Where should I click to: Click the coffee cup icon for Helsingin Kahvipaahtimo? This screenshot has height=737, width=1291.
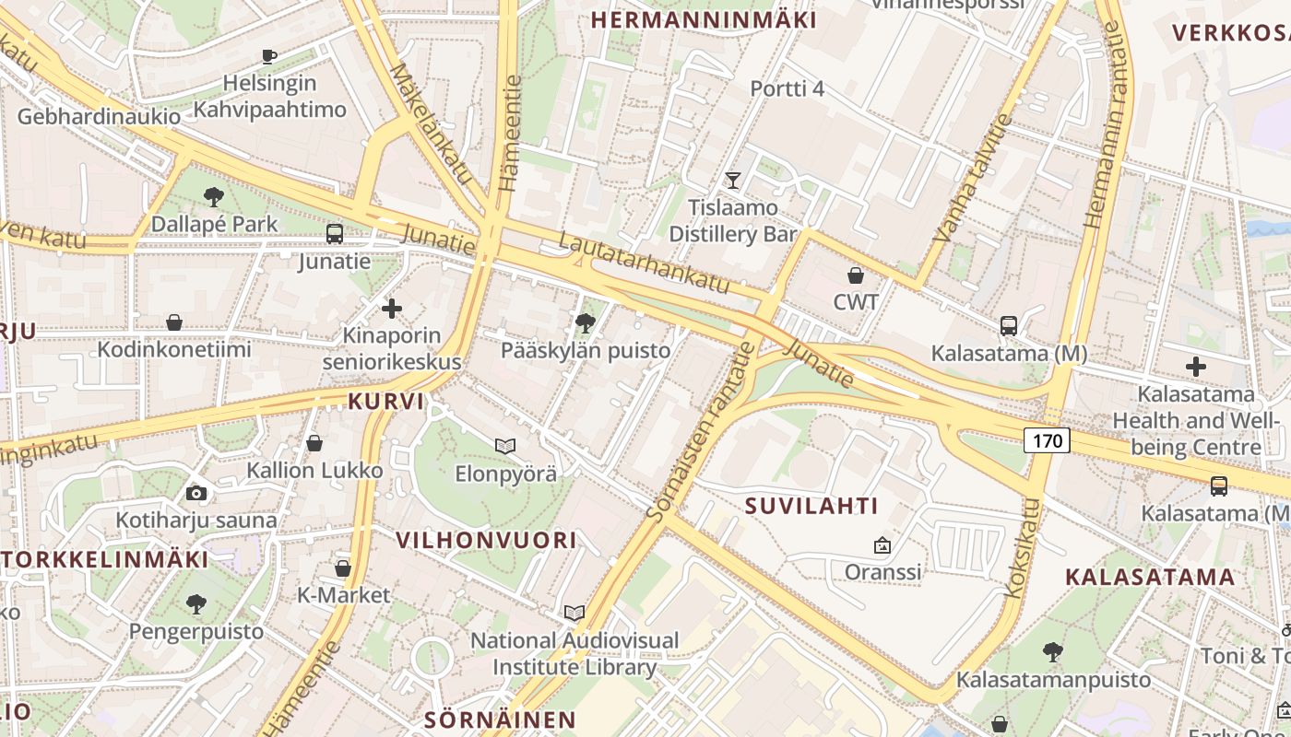point(269,56)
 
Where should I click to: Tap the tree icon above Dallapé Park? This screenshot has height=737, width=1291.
point(214,196)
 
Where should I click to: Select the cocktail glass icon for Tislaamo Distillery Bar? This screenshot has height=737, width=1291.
point(733,180)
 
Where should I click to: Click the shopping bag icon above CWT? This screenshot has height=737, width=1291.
point(856,275)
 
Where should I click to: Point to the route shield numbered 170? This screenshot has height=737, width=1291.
point(1048,440)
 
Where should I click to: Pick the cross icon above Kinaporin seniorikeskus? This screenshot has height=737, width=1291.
point(392,308)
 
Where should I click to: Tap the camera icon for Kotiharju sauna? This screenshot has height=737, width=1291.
point(196,493)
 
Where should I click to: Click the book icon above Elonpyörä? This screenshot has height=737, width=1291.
point(505,447)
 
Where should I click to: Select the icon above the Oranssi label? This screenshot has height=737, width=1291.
point(882,545)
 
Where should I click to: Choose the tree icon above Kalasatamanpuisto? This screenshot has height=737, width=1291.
point(1053,653)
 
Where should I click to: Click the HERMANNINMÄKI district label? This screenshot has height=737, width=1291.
point(704,19)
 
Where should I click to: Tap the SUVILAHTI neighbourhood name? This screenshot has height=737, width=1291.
point(811,506)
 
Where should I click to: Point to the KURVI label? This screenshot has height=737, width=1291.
point(386,402)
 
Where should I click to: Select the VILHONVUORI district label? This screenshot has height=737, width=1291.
point(486,540)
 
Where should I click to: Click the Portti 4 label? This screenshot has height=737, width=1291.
point(787,89)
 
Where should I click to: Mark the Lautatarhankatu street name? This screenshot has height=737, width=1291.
point(645,263)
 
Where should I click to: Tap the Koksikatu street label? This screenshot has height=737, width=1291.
point(1023,548)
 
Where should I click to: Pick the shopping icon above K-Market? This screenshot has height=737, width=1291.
point(343,568)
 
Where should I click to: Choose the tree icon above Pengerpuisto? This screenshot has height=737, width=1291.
point(195,604)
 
